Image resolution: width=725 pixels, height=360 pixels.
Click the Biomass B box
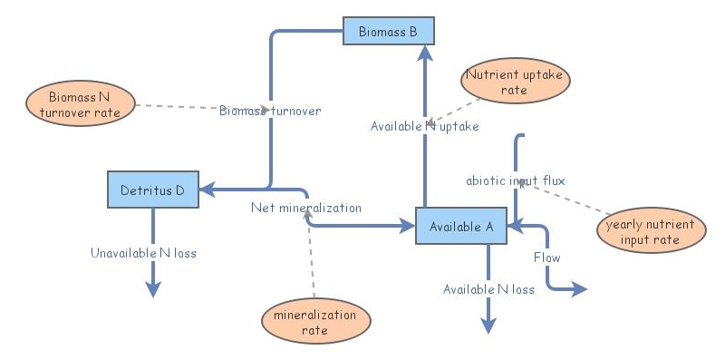tap(388, 32)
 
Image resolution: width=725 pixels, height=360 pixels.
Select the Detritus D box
tap(152, 190)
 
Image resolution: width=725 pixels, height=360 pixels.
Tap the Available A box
tap(461, 226)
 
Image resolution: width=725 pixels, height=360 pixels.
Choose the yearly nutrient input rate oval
tap(650, 232)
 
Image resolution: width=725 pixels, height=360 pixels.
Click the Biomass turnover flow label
tap(270, 111)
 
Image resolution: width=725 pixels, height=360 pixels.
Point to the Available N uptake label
tap(424, 126)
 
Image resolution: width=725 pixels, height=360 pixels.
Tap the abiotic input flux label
tap(516, 180)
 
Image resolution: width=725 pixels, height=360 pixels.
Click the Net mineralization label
tap(306, 208)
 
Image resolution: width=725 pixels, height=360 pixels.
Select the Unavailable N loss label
tap(143, 253)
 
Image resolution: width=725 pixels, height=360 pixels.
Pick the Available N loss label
tap(488, 289)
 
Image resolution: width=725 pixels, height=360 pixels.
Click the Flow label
tap(546, 258)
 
